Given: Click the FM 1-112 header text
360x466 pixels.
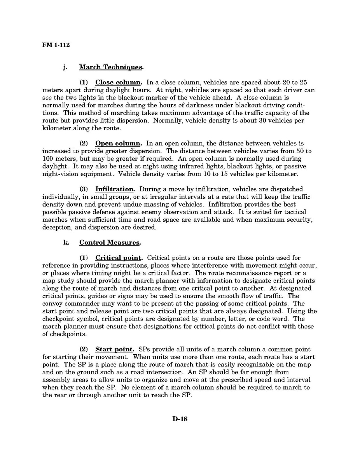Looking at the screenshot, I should point(56,45).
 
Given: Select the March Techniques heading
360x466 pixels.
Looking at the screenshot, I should point(111,67).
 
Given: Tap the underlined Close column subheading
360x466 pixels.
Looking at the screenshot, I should point(119,82).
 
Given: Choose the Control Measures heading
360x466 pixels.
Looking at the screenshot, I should point(110,242).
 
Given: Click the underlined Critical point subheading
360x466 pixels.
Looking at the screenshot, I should point(119,258).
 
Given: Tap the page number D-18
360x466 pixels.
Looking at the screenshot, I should point(180,419).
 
